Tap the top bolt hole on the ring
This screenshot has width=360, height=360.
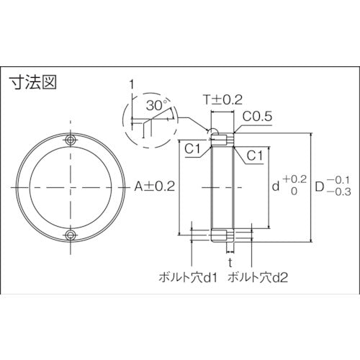point(70,139)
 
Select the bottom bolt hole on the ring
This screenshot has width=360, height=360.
point(70,235)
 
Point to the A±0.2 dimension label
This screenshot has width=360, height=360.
point(155,186)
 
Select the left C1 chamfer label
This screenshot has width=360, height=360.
point(191,150)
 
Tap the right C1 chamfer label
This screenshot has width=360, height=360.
point(253,155)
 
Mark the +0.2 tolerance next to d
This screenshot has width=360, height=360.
point(294,179)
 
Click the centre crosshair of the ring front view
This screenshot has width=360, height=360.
point(70,187)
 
